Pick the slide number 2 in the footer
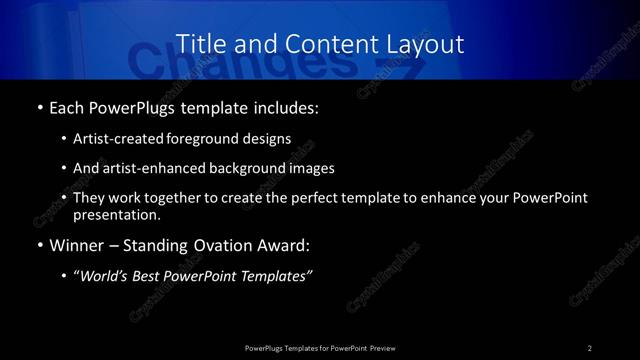click(x=590, y=347)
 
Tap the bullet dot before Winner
click(x=39, y=246)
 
